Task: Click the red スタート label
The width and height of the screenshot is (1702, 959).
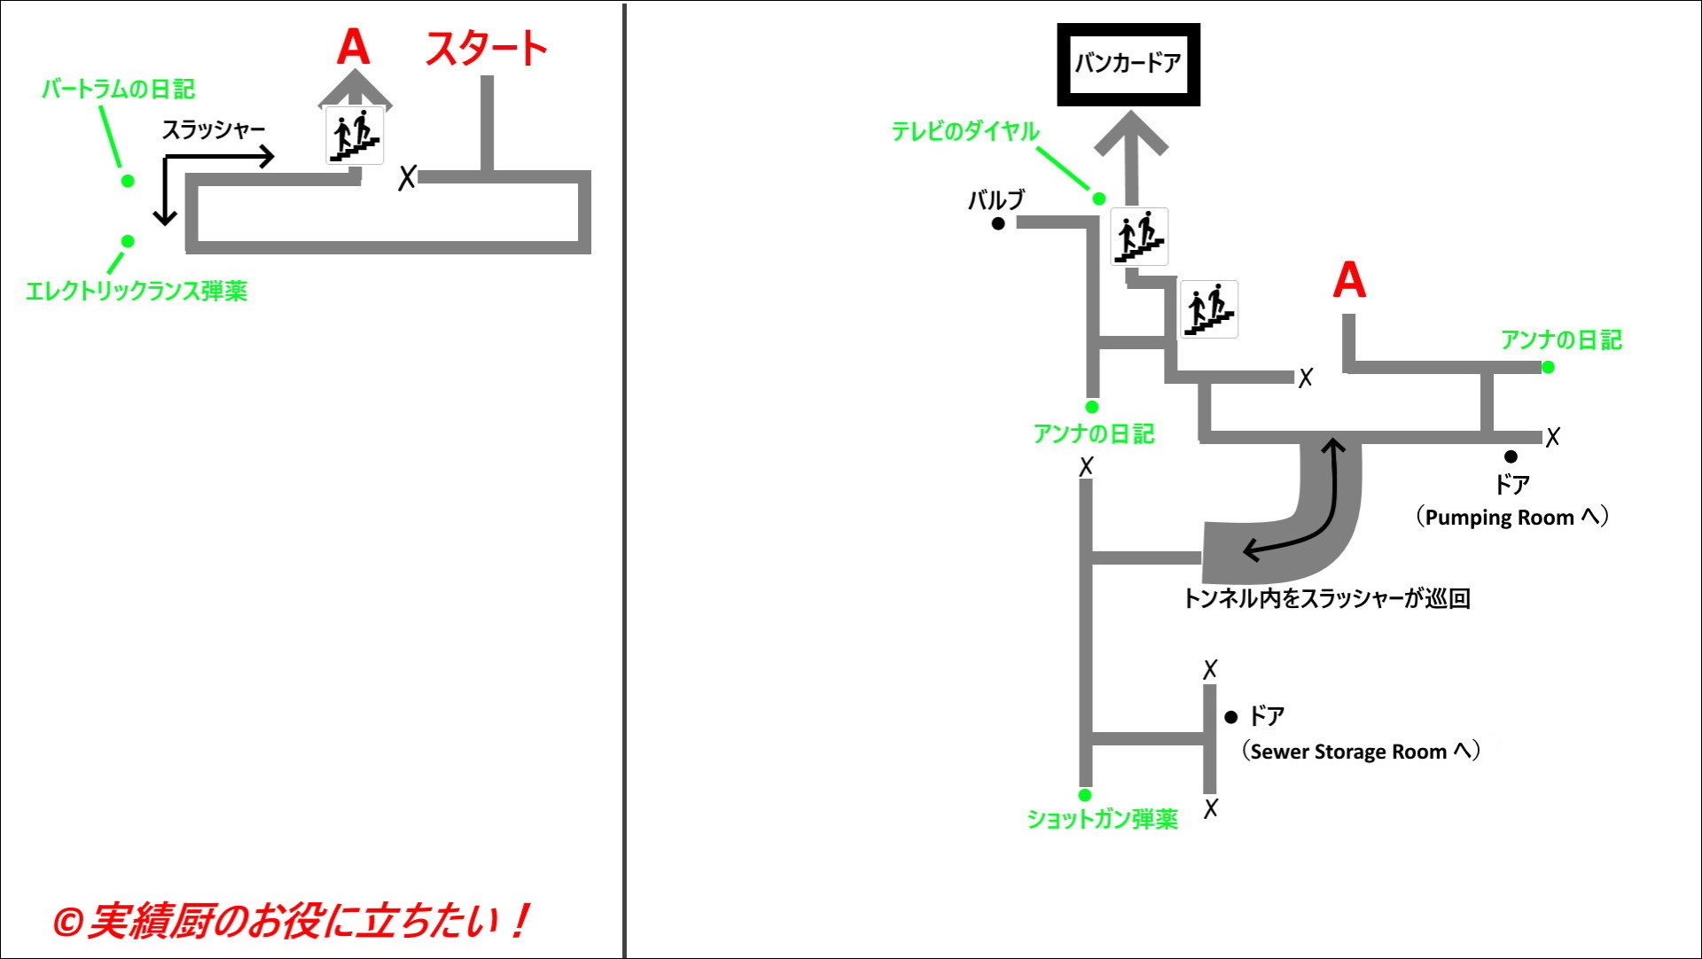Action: (486, 49)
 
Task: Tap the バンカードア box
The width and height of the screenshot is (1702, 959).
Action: (1128, 64)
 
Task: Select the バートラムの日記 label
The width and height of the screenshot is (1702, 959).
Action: (118, 90)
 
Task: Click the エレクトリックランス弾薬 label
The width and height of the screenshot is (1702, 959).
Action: (137, 292)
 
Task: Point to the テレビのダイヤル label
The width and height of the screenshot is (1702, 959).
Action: (964, 132)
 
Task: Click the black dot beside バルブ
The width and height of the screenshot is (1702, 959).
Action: (998, 223)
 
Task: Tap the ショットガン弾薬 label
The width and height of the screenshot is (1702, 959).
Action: (1102, 820)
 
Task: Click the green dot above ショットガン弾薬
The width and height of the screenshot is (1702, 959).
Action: (1085, 795)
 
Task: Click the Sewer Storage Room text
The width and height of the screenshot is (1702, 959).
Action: (1360, 752)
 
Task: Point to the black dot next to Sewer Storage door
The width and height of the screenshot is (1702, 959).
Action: (1230, 717)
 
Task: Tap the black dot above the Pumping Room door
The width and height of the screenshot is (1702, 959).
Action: (1511, 456)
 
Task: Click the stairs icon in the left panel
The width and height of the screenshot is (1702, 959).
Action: (355, 136)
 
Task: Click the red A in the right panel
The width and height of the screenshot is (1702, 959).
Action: (1349, 280)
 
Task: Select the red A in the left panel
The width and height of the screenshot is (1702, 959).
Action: (353, 47)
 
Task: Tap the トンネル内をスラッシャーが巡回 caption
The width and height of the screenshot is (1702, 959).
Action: (1326, 599)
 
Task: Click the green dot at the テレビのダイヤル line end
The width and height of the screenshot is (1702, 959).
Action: (1099, 199)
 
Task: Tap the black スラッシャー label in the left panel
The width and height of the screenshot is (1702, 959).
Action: (213, 130)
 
